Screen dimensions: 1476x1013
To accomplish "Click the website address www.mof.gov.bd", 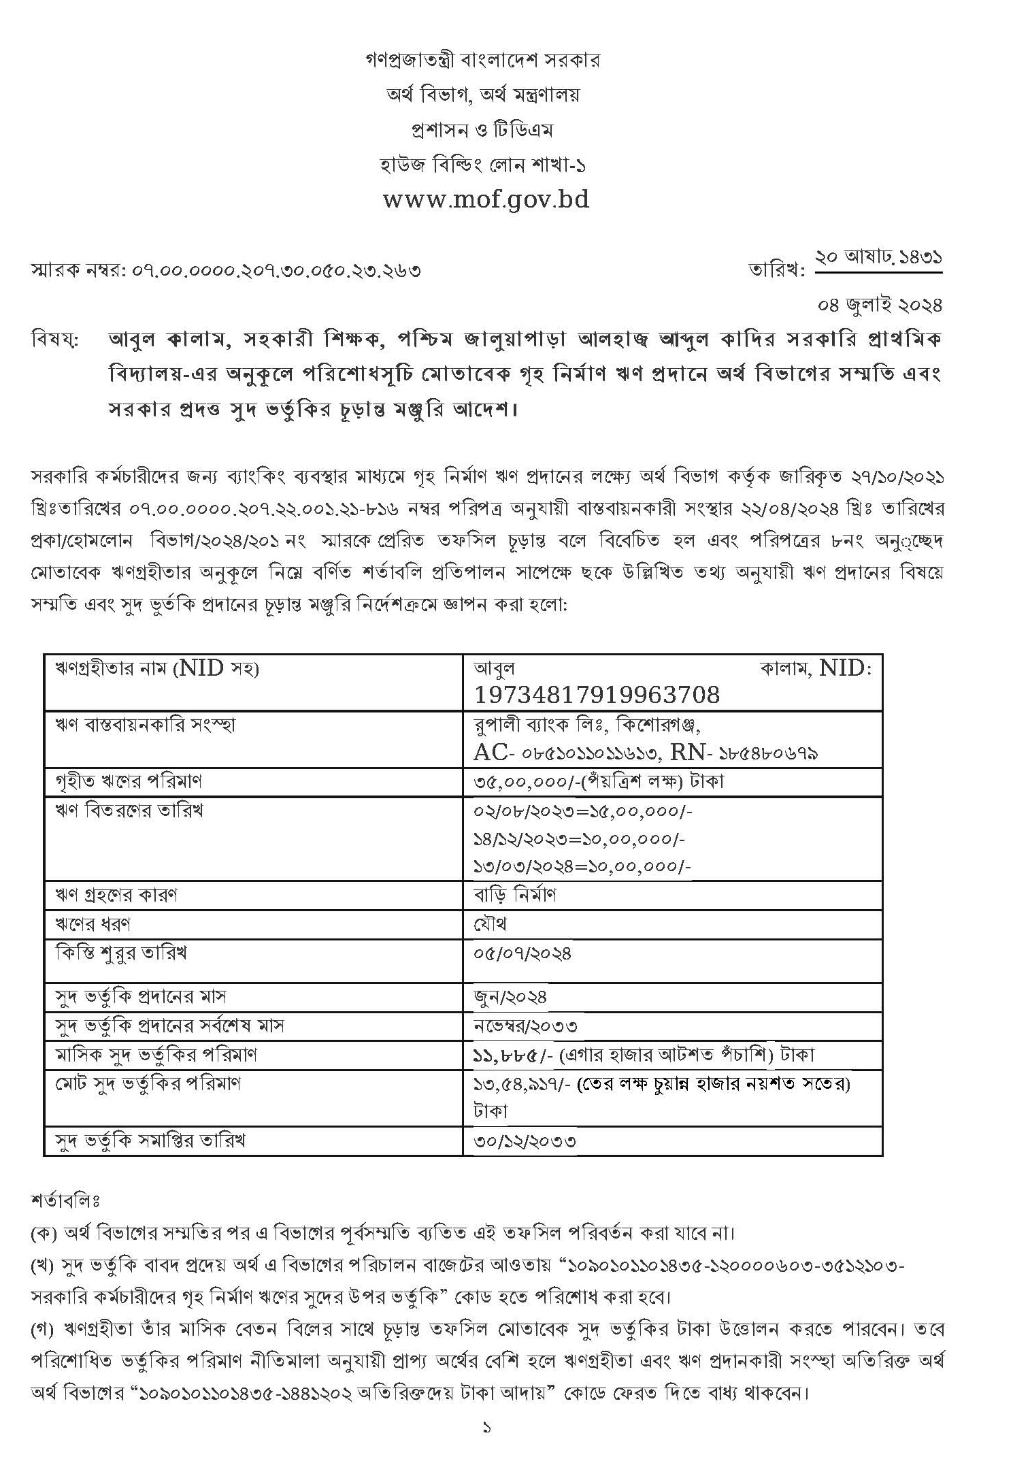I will (486, 199).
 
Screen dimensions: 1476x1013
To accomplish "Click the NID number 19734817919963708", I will (597, 695).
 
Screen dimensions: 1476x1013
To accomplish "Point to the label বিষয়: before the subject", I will (55, 339).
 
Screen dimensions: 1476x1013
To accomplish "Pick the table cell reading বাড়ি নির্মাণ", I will (515, 895).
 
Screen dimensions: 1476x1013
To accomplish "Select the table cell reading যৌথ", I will (491, 924).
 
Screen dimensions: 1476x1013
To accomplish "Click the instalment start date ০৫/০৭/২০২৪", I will (522, 953).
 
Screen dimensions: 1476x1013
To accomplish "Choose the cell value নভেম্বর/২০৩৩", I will (526, 1026).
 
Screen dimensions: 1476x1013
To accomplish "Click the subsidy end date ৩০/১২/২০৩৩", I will (525, 1141).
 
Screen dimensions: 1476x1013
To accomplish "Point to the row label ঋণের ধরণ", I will (93, 924).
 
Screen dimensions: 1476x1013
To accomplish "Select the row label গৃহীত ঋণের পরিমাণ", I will (129, 781).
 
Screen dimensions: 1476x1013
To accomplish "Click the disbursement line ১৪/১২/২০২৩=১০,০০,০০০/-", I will (579, 839).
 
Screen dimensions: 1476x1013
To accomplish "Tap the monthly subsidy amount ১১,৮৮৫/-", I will (510, 1055).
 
